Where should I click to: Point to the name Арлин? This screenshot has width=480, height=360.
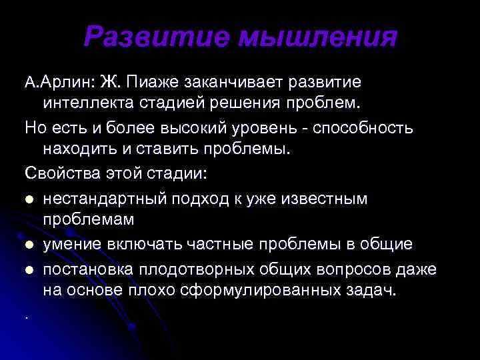click(x=67, y=82)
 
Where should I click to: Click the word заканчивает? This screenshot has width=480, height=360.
click(x=236, y=82)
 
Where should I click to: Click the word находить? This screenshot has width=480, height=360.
click(x=79, y=149)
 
